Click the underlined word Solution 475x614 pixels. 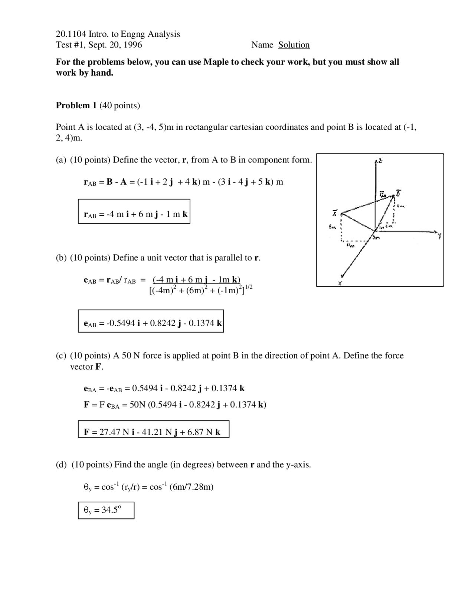click(x=294, y=45)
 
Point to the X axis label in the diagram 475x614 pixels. click(x=340, y=284)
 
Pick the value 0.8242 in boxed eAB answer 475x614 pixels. click(x=162, y=323)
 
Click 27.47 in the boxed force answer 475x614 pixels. click(x=110, y=432)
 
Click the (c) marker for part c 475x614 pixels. click(x=61, y=356)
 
